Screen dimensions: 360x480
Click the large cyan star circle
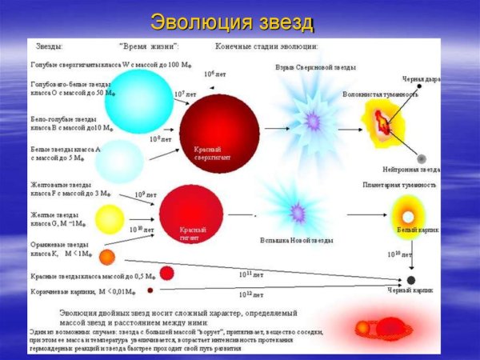[x=138, y=101]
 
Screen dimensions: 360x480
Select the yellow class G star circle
[x=110, y=218]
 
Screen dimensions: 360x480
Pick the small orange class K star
[x=107, y=257]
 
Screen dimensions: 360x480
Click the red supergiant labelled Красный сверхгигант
[x=219, y=128]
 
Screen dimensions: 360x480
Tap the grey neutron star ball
[x=422, y=158]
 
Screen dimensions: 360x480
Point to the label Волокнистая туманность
[x=380, y=94]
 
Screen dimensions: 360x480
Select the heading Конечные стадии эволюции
[x=266, y=46]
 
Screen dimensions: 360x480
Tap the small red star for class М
[x=167, y=273]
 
